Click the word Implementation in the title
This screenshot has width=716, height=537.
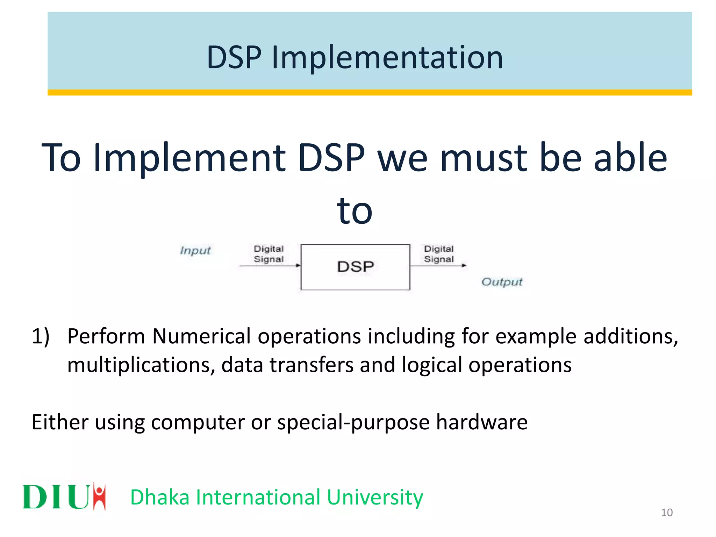(387, 58)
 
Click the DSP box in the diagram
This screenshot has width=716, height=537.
(355, 267)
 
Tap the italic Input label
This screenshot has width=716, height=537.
(195, 251)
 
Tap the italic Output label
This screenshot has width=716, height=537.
(501, 282)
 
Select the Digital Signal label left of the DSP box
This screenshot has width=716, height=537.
(268, 254)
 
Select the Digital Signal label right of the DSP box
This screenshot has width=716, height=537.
(439, 254)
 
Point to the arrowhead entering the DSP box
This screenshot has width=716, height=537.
(298, 266)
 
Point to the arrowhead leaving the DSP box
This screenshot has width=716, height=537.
(464, 266)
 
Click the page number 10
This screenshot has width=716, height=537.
(667, 513)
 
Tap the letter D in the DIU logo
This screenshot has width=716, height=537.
(35, 497)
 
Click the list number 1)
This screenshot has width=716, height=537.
(41, 336)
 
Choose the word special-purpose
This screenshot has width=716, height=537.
(353, 422)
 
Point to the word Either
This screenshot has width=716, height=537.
(60, 422)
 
